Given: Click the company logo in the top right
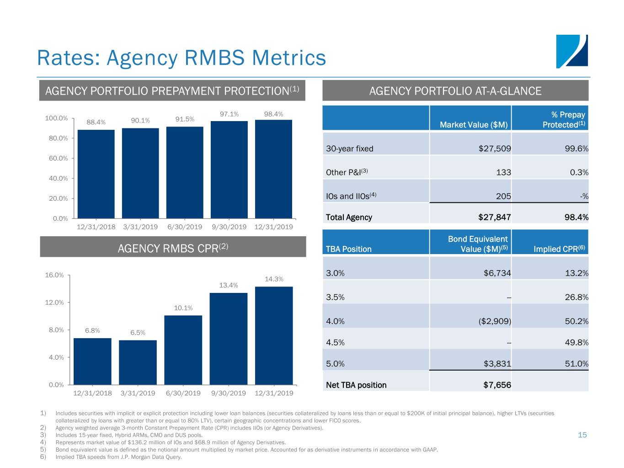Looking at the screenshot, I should (x=571, y=51).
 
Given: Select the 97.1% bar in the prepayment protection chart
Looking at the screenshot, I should (x=229, y=169).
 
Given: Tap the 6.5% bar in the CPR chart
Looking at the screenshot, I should (x=138, y=362).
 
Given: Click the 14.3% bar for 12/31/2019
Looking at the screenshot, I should (x=274, y=335).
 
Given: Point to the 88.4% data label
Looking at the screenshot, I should (x=96, y=122).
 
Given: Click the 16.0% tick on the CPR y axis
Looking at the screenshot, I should (x=54, y=275).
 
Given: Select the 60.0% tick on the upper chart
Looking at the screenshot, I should (x=59, y=158).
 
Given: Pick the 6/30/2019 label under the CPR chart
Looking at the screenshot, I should (x=183, y=393).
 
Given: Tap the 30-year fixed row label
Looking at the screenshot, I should (x=350, y=149).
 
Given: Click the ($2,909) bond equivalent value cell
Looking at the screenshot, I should (x=495, y=321).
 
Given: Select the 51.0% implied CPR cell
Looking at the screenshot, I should (x=576, y=364).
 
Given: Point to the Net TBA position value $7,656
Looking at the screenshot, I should (x=497, y=385).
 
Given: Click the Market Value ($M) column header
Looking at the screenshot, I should (x=474, y=125).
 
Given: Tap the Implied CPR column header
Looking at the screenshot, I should (x=559, y=249).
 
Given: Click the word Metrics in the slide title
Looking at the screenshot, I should (x=289, y=58).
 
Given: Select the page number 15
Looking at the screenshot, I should (x=582, y=435).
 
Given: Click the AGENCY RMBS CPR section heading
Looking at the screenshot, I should (x=173, y=248).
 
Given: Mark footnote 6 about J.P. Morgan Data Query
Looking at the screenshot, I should (x=118, y=457).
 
